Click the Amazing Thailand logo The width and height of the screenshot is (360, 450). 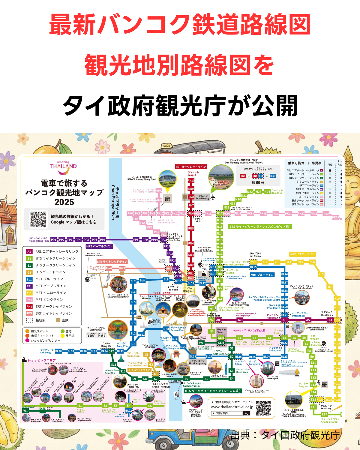(63, 168)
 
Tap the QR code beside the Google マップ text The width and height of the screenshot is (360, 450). (38, 219)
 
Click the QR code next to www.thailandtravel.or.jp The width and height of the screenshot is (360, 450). (263, 408)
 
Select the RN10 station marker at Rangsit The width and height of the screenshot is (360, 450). (191, 181)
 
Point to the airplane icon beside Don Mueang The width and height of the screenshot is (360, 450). (213, 197)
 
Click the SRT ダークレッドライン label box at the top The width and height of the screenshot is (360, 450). (191, 167)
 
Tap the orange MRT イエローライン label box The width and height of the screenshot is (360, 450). (302, 254)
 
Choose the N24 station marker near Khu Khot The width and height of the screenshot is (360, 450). (267, 192)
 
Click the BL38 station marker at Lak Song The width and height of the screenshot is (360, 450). (58, 351)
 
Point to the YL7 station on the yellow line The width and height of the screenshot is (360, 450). (321, 274)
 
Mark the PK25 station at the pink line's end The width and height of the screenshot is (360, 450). (335, 217)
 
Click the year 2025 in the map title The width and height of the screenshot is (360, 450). (64, 202)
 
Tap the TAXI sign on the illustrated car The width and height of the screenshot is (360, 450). (166, 146)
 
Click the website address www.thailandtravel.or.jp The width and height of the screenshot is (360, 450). (232, 407)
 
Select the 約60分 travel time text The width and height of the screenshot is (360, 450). (258, 182)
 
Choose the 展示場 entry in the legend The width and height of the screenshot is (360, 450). (70, 336)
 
